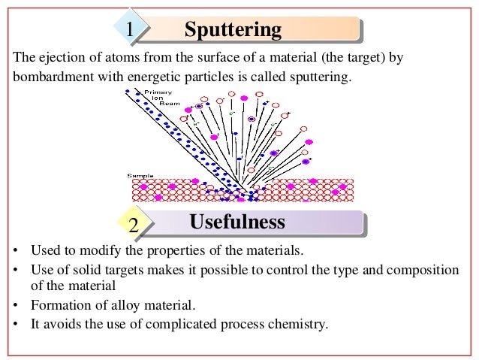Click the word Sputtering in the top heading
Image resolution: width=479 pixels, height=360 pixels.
click(x=233, y=30)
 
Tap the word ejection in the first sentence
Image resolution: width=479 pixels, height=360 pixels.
click(x=56, y=57)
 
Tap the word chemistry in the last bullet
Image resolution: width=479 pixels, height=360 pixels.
click(x=301, y=324)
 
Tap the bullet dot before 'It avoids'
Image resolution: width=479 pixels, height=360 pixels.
click(x=17, y=325)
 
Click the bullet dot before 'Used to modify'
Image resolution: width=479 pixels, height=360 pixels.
click(x=17, y=250)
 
